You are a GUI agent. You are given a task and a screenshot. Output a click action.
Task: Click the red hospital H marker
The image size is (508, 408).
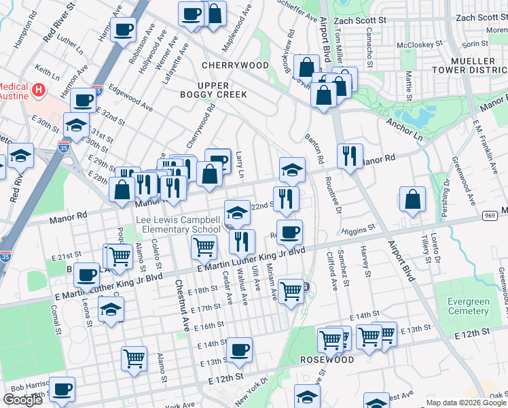39,89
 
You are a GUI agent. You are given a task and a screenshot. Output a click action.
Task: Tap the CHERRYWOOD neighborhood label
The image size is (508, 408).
235,65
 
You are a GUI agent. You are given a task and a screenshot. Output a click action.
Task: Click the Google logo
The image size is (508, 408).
23,400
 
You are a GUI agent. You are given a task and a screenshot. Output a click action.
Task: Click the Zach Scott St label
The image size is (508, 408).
482,18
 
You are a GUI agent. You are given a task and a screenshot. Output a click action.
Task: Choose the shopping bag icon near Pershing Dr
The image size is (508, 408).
412,200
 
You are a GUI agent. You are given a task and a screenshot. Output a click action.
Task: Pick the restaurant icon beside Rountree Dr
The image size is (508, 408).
350,157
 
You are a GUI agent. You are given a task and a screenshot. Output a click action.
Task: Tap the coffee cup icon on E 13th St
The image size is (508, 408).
239,351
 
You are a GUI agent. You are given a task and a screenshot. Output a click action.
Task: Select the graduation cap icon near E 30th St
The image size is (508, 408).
77,126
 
